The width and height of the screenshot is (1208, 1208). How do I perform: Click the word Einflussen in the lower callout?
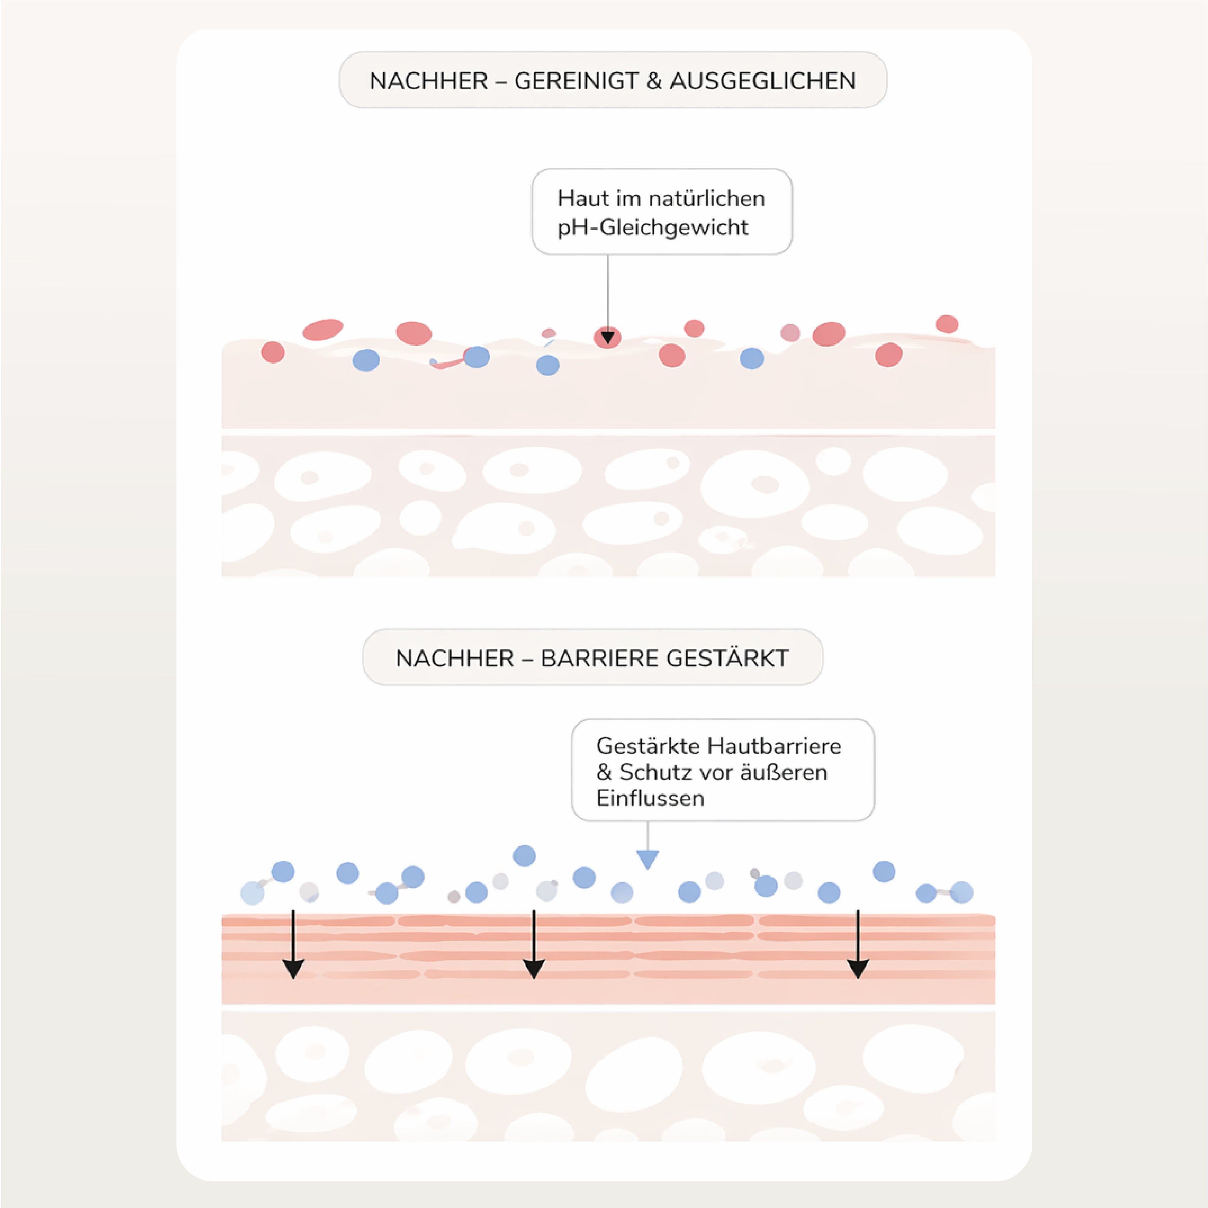(x=650, y=798)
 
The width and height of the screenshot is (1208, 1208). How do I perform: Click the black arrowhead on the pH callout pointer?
(x=608, y=339)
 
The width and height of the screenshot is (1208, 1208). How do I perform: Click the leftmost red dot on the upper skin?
(x=273, y=352)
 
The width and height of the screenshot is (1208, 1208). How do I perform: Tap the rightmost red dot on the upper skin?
(x=947, y=324)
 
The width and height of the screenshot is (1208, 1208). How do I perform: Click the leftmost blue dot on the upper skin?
(x=366, y=360)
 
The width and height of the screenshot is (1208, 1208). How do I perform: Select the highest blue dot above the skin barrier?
(x=524, y=855)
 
